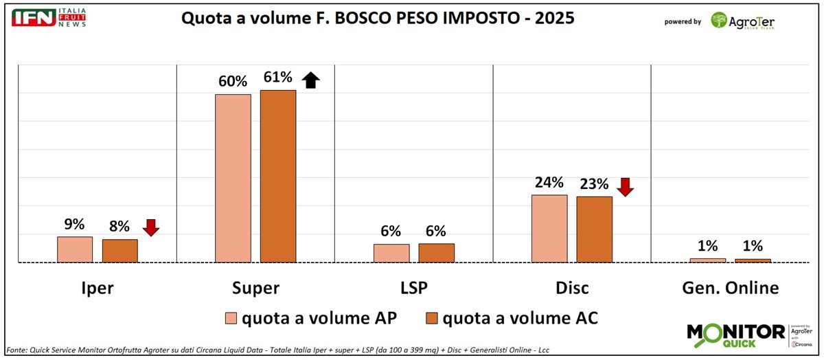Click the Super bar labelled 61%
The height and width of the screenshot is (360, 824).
[278, 176]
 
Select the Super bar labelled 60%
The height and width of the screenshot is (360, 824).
[233, 178]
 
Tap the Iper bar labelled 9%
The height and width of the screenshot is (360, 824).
[75, 249]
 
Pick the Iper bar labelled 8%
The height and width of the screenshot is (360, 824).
[120, 251]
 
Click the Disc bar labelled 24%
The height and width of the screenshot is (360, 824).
[549, 228]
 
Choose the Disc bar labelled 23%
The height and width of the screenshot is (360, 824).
[594, 229]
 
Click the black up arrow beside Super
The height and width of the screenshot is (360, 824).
[311, 80]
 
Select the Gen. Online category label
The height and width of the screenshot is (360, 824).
[731, 288]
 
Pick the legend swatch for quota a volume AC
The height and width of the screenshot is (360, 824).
[432, 318]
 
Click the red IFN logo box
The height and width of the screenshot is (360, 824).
[34, 18]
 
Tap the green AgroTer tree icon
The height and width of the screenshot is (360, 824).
[719, 20]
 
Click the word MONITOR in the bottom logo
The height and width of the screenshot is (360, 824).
[735, 332]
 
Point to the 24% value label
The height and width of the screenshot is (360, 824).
[549, 183]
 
